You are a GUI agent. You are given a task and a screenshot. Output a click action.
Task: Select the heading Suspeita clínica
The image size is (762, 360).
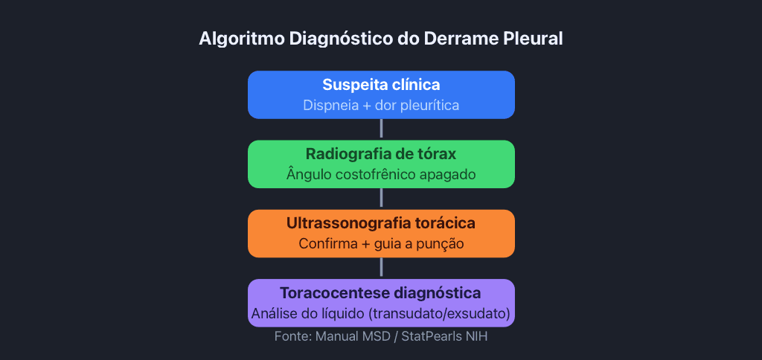click(x=381, y=85)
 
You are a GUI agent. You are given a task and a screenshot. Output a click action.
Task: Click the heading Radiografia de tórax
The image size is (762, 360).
click(x=381, y=155)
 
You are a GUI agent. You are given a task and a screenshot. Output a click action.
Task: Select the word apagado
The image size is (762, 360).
click(x=452, y=176)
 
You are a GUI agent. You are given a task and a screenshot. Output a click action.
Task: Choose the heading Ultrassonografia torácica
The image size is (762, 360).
click(x=381, y=223)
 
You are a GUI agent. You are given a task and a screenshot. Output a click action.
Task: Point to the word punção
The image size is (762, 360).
click(x=440, y=245)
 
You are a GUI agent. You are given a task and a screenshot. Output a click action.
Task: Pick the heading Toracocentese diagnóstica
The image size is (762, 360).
click(x=381, y=294)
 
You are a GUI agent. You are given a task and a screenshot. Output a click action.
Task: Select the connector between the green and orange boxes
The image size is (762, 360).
click(x=381, y=199)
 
